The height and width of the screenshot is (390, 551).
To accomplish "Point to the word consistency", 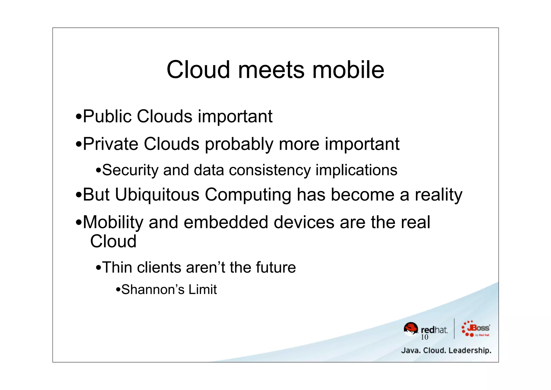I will click(270, 170).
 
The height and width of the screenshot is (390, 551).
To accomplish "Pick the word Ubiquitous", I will click(157, 195).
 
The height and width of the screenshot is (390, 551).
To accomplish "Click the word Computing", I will click(248, 195).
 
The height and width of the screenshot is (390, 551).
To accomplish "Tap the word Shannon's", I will click(152, 290).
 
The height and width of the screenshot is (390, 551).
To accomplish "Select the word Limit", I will click(203, 290).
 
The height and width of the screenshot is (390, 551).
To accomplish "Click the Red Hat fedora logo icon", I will click(411, 329).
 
